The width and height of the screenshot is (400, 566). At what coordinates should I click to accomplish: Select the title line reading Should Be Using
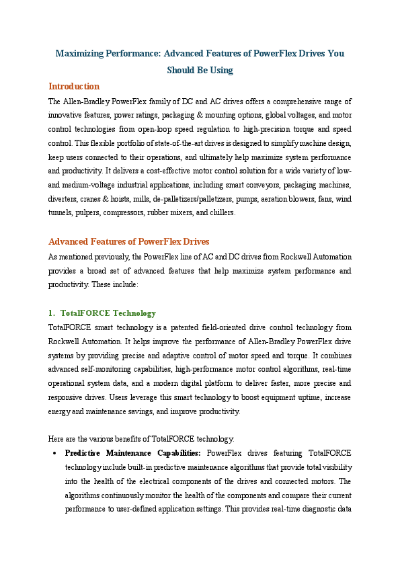coord(200,70)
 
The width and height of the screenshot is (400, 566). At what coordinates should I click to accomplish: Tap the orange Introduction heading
coord(74,87)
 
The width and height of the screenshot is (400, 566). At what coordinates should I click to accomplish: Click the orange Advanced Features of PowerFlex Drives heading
coord(129,242)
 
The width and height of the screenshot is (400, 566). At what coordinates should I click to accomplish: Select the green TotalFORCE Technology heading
coord(108,313)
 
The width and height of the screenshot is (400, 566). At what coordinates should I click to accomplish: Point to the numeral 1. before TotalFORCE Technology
coord(52,313)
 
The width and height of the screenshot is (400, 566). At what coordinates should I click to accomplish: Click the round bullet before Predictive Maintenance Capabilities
coord(53,453)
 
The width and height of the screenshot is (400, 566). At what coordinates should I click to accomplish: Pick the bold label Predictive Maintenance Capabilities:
coord(132,453)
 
